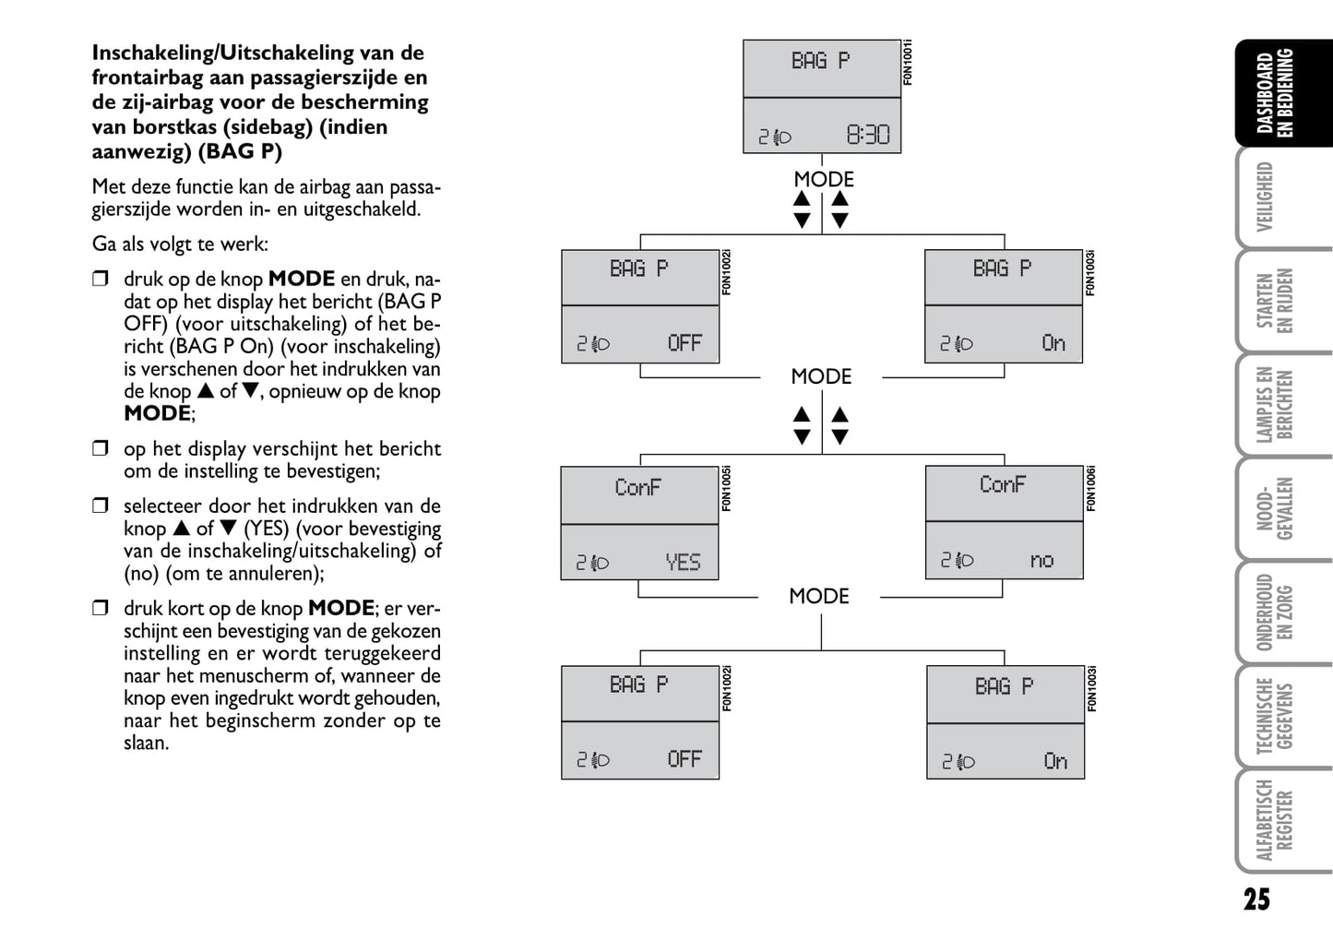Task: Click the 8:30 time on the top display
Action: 867,136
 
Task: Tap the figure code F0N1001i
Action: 908,63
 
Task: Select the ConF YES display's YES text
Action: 683,562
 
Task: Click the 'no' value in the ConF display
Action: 1041,560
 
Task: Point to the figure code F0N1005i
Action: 726,489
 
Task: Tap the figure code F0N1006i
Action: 1091,489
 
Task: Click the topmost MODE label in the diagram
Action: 824,179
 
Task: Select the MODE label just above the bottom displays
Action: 819,596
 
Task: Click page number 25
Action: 1256,899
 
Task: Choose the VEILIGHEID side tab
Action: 1266,196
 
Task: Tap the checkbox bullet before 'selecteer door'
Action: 101,506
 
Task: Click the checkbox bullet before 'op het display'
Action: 101,449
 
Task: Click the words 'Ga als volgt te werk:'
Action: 180,244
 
